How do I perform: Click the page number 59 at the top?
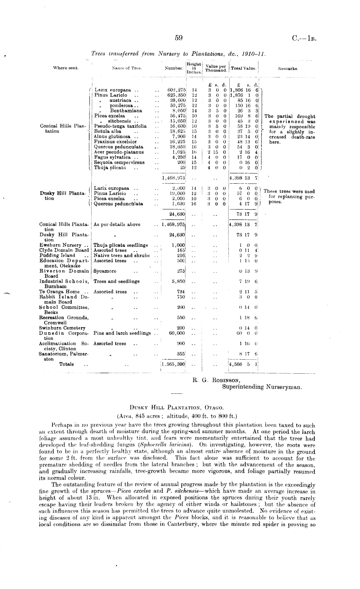179,38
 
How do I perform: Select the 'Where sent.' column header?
66,68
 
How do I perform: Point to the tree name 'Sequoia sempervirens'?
119,162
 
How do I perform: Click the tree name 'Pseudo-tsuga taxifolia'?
120,126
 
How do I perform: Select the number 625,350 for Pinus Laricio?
176,95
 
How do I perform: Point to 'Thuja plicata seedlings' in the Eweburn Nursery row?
121,245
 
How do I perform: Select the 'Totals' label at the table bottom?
66,364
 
